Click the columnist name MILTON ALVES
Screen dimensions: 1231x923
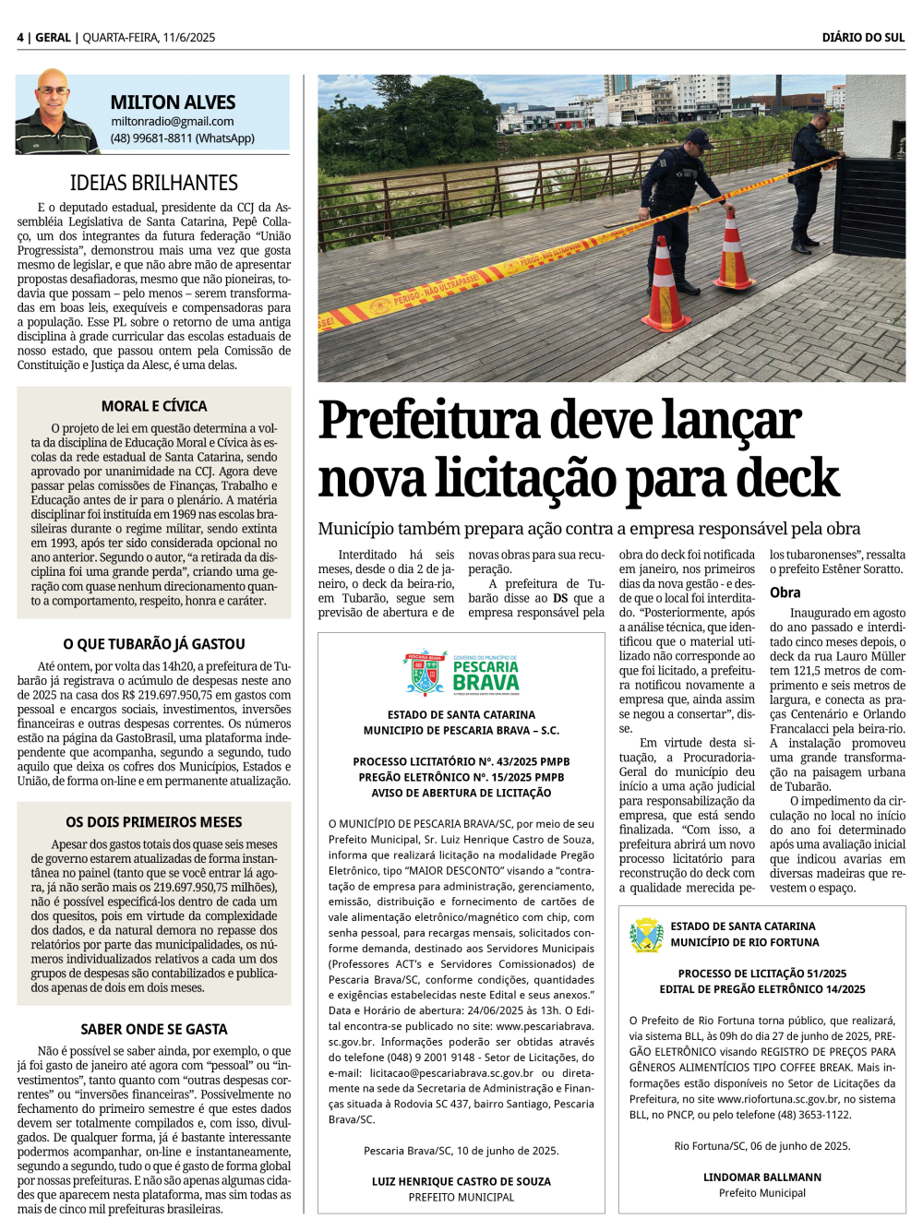[x=173, y=102]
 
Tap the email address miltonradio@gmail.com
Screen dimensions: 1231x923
[x=173, y=121]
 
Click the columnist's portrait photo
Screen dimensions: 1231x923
[x=54, y=112]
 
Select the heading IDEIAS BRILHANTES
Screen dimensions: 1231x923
[x=154, y=183]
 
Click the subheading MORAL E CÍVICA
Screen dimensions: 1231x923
[x=154, y=406]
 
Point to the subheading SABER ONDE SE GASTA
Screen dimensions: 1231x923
[x=154, y=1029]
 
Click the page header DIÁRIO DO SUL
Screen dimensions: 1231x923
[x=863, y=38]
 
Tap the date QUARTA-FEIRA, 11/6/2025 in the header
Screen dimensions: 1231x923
[x=149, y=38]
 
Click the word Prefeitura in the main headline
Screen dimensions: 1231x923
[x=429, y=421]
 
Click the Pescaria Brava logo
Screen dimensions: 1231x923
[x=461, y=674]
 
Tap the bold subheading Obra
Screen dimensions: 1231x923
[x=785, y=592]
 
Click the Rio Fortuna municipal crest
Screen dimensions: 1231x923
[x=646, y=935]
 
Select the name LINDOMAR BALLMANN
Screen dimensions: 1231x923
[x=762, y=1177]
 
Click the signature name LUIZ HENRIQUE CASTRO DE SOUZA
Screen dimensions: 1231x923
[x=461, y=1181]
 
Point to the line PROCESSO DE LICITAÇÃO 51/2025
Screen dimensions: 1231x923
[x=762, y=974]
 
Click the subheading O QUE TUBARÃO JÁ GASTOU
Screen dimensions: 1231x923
[x=154, y=644]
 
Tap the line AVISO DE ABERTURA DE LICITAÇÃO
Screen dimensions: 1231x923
[x=461, y=793]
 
